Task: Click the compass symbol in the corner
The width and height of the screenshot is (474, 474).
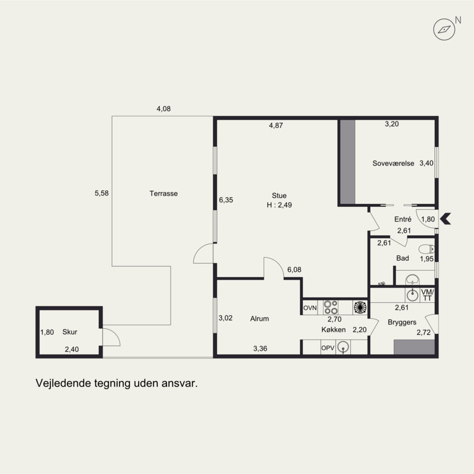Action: click(x=444, y=29)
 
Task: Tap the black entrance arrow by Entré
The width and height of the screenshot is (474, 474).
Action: click(x=446, y=219)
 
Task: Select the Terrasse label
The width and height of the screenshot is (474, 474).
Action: click(x=164, y=194)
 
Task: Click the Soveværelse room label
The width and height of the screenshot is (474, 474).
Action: click(x=393, y=164)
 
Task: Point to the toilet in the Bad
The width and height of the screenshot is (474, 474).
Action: click(x=427, y=249)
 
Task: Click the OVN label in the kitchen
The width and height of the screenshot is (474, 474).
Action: click(x=310, y=308)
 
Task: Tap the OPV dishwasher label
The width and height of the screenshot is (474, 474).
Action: click(x=328, y=348)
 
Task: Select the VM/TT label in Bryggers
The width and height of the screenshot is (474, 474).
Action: click(x=427, y=295)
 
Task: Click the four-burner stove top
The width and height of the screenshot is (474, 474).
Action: click(x=331, y=307)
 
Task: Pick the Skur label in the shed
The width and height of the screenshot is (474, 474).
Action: click(x=70, y=332)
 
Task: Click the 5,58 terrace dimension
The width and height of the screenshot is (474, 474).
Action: click(x=101, y=193)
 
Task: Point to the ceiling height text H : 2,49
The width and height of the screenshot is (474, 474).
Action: click(x=279, y=205)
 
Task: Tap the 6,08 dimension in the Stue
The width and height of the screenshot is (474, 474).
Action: click(x=294, y=270)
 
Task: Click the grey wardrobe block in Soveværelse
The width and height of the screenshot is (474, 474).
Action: click(x=348, y=162)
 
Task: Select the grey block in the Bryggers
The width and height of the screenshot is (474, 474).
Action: click(x=414, y=347)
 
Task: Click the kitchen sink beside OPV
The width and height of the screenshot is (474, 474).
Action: click(x=343, y=347)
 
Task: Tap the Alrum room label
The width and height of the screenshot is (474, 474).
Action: click(x=260, y=319)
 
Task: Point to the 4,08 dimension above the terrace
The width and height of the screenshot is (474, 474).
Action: click(x=164, y=109)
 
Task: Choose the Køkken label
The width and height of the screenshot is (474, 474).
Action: click(x=334, y=329)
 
